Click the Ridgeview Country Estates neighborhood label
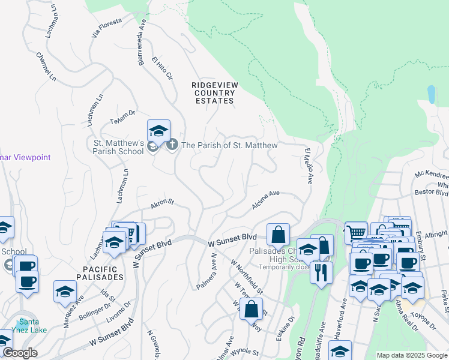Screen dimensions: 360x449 pos(213,93)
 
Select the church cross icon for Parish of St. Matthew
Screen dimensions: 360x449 pos(172,145)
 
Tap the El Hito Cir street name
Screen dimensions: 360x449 pos(162,70)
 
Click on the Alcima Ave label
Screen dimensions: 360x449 pos(266,200)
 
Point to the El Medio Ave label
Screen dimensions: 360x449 pos(308,169)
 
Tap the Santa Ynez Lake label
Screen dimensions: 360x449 pos(28,325)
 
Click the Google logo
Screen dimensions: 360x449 pos(20,353)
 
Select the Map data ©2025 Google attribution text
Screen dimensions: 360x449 pos(412,355)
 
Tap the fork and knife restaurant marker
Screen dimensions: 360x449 pos(322,272)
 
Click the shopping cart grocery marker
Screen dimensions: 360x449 pos(357,232)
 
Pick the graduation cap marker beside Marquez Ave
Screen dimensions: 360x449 pos(65,291)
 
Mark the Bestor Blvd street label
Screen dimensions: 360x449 pos(432,193)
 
